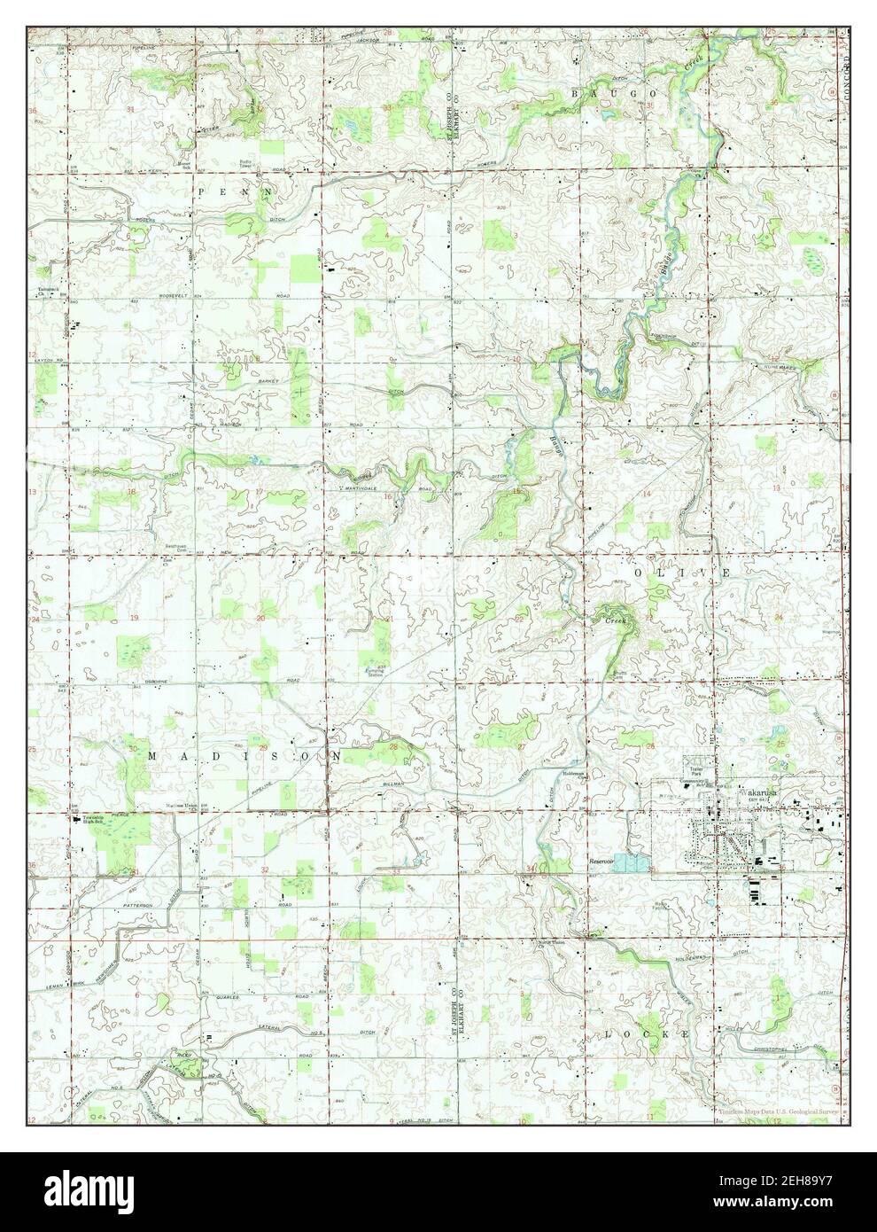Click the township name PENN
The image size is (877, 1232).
click(x=235, y=191)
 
